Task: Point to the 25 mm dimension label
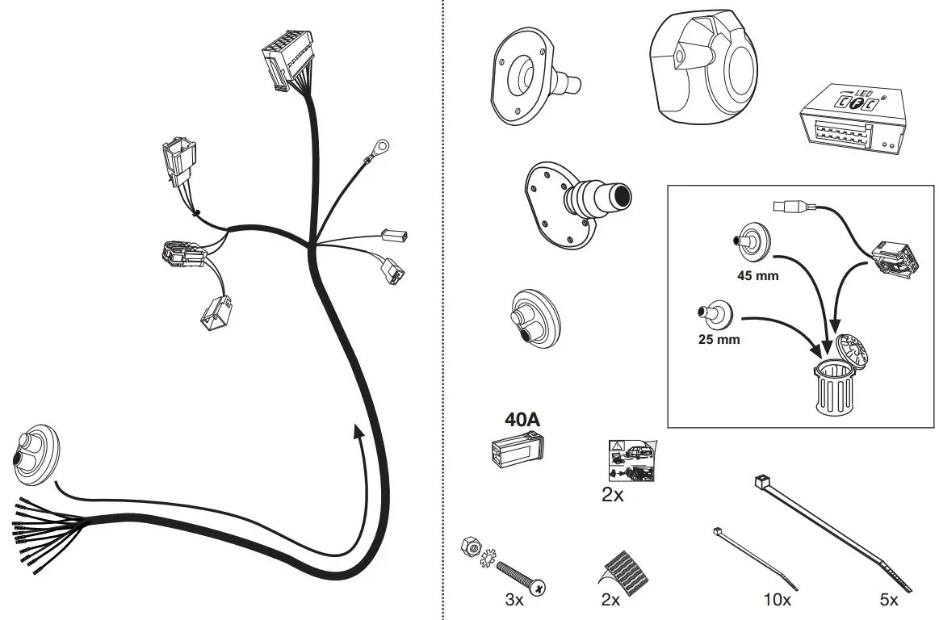(719, 339)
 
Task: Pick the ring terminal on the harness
(378, 148)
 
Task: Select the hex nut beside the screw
(467, 546)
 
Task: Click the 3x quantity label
(514, 601)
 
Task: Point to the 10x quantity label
(777, 601)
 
